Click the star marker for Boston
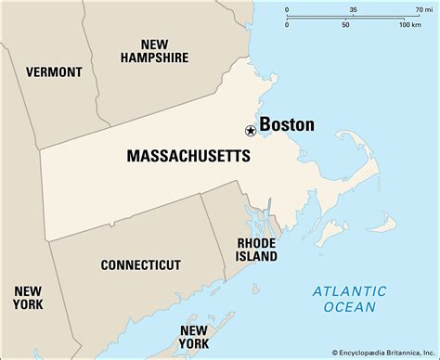coord(250,131)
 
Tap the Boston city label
coord(286,124)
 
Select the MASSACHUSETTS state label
coord(188,157)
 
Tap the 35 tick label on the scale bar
coord(354,9)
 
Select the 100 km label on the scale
coord(409,24)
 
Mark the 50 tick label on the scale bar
coord(346,24)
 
